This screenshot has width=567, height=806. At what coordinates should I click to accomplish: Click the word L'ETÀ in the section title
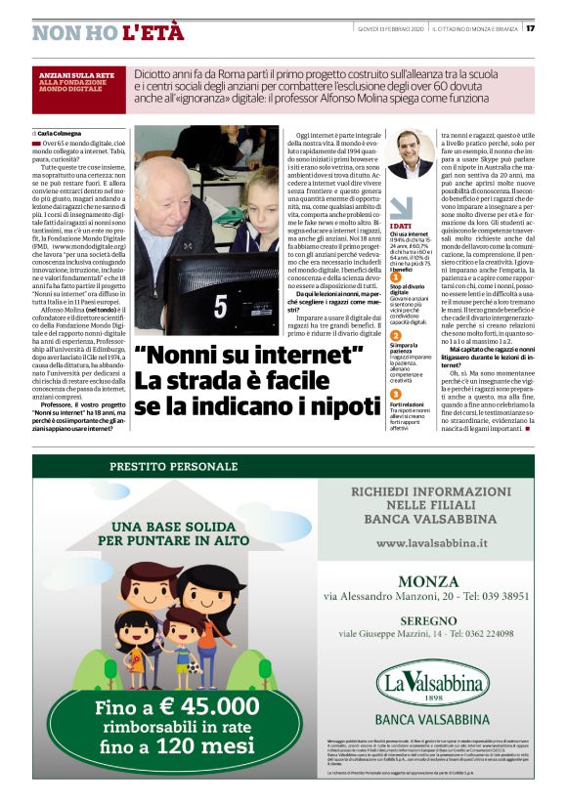[153, 32]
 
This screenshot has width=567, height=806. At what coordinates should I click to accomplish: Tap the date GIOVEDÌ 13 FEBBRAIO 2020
[386, 27]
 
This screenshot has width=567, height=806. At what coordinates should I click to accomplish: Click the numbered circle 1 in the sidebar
[396, 276]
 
